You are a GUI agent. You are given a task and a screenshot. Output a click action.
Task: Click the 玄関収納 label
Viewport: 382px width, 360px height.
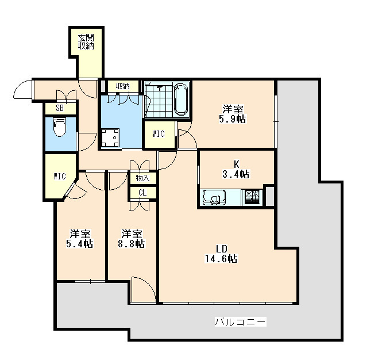click(x=86, y=42)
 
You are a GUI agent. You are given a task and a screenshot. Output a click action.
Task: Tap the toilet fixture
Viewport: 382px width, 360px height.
click(x=59, y=127)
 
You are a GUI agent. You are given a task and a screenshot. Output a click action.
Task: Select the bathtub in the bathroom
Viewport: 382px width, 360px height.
click(x=181, y=99)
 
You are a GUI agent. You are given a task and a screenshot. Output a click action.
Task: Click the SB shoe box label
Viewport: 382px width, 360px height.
click(x=60, y=108)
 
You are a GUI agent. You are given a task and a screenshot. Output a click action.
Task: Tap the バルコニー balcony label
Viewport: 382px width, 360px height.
click(x=241, y=321)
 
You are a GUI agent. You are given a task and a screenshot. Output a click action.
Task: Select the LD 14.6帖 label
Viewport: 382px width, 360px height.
click(x=221, y=254)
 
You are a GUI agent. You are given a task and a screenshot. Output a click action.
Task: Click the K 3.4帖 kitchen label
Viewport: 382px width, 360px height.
click(x=236, y=169)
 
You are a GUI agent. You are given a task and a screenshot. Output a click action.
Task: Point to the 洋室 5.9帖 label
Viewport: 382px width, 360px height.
click(x=233, y=114)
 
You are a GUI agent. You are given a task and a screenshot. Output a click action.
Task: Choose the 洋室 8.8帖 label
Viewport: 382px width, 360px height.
click(x=132, y=239)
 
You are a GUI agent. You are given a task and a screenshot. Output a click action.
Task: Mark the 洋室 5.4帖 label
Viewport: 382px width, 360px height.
click(x=80, y=239)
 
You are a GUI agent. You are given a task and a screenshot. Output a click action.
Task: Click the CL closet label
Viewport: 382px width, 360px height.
click(x=143, y=193)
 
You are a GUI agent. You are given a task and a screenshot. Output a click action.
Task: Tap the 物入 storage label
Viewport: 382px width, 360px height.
click(x=143, y=178)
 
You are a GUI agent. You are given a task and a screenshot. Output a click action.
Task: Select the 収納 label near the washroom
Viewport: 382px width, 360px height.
click(x=123, y=86)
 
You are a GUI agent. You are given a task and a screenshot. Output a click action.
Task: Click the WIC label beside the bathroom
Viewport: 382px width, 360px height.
click(x=159, y=133)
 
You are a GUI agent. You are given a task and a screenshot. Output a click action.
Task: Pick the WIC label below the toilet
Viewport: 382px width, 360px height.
click(x=60, y=176)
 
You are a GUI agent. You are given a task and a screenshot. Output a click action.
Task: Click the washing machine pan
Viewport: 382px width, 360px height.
click(x=110, y=138)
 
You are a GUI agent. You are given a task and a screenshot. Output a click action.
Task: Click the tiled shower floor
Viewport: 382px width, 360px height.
click(x=159, y=100)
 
